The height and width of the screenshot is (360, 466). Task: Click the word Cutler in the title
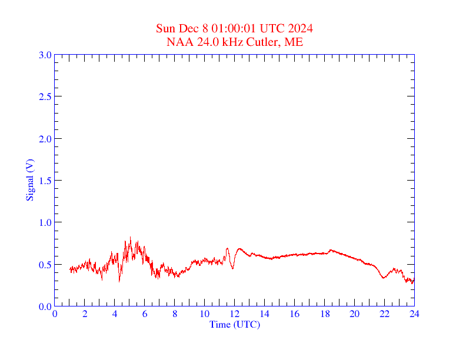tap(265, 42)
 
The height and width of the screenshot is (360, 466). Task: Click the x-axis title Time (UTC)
tap(235, 324)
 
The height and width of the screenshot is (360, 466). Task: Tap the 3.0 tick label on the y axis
tap(45, 55)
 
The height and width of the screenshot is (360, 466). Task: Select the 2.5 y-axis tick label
tap(45, 96)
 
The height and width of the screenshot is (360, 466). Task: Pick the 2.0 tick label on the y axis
tap(45, 139)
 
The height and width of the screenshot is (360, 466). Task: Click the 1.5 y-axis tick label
tap(45, 181)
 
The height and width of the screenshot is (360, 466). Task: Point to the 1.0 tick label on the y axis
tap(45, 222)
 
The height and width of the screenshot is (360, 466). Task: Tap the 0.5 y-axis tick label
tap(45, 265)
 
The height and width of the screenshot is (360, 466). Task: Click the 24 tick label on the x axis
tap(414, 314)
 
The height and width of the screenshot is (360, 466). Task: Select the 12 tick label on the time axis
tap(235, 314)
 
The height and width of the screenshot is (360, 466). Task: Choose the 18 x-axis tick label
tap(325, 314)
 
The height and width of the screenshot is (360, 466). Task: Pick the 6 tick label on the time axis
tap(145, 314)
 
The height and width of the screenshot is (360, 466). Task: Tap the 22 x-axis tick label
tap(385, 314)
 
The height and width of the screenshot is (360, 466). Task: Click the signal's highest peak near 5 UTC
tap(130, 238)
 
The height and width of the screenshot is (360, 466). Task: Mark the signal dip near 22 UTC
tap(384, 278)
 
